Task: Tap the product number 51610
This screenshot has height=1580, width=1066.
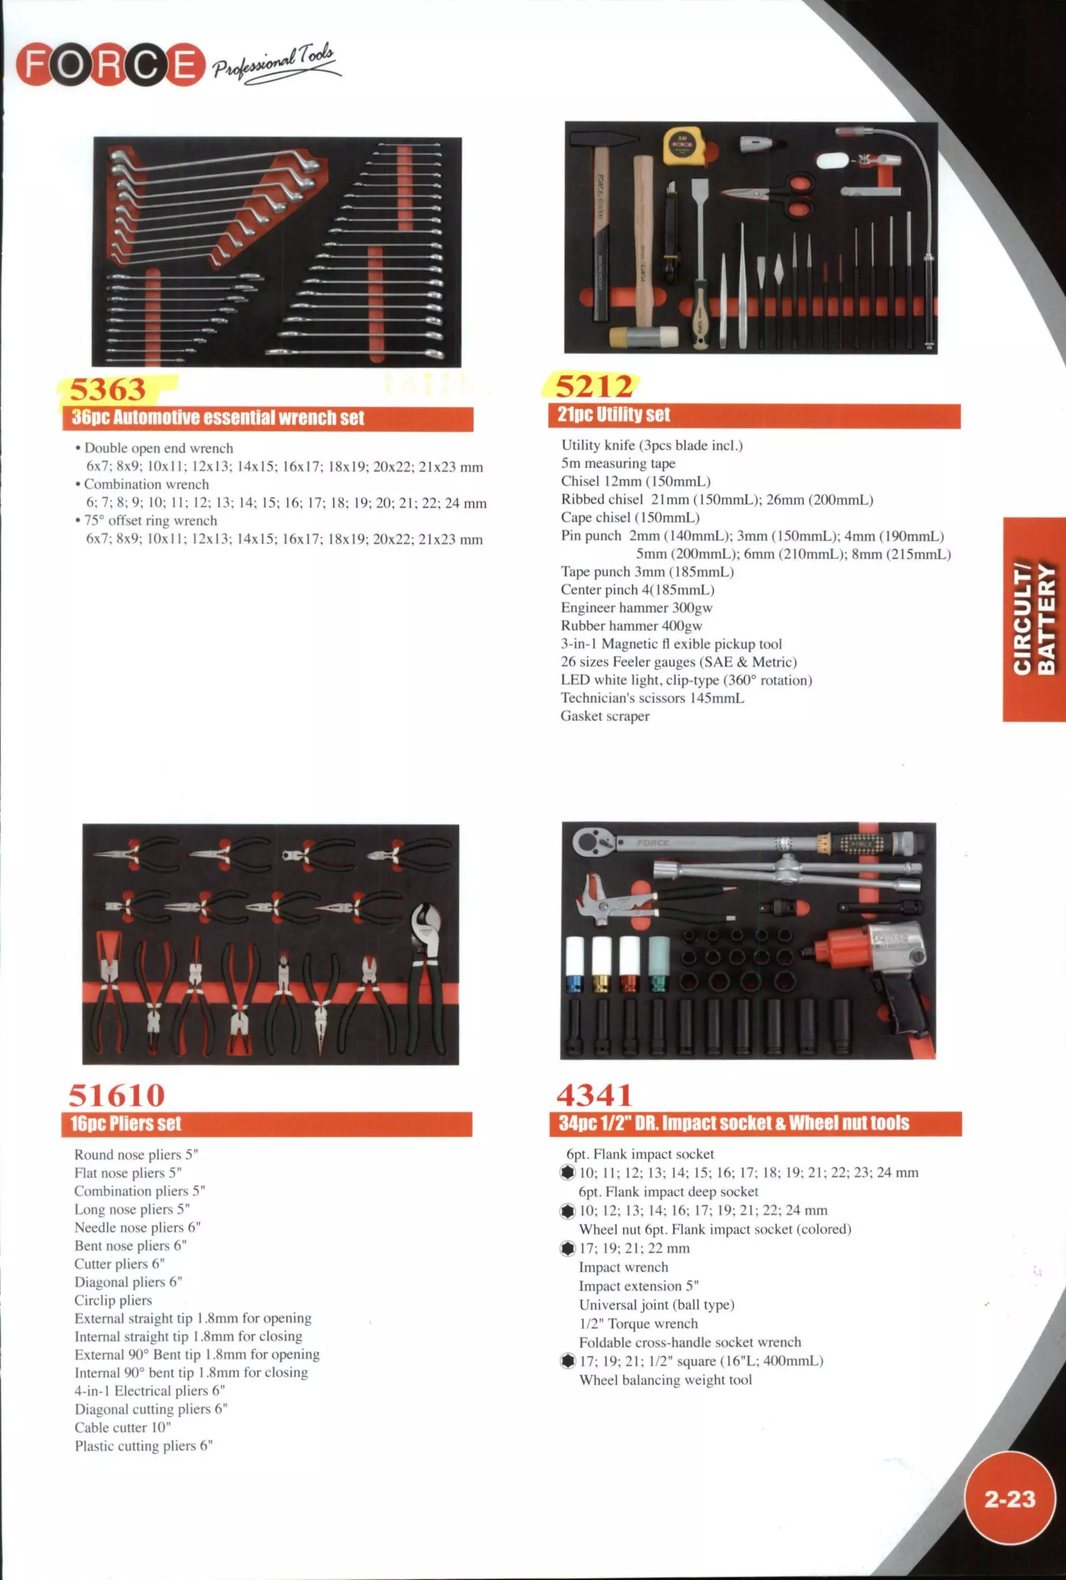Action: pos(116,1095)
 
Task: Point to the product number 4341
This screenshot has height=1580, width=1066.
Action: pos(594,1094)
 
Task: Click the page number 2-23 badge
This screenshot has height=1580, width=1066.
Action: pos(1010,1498)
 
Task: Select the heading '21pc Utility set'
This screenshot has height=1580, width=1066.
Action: pos(613,415)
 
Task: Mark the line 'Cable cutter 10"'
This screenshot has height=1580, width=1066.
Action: pos(122,1427)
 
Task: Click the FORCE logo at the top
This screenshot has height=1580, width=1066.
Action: pos(110,65)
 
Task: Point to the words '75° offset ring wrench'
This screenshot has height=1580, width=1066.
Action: pos(150,521)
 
